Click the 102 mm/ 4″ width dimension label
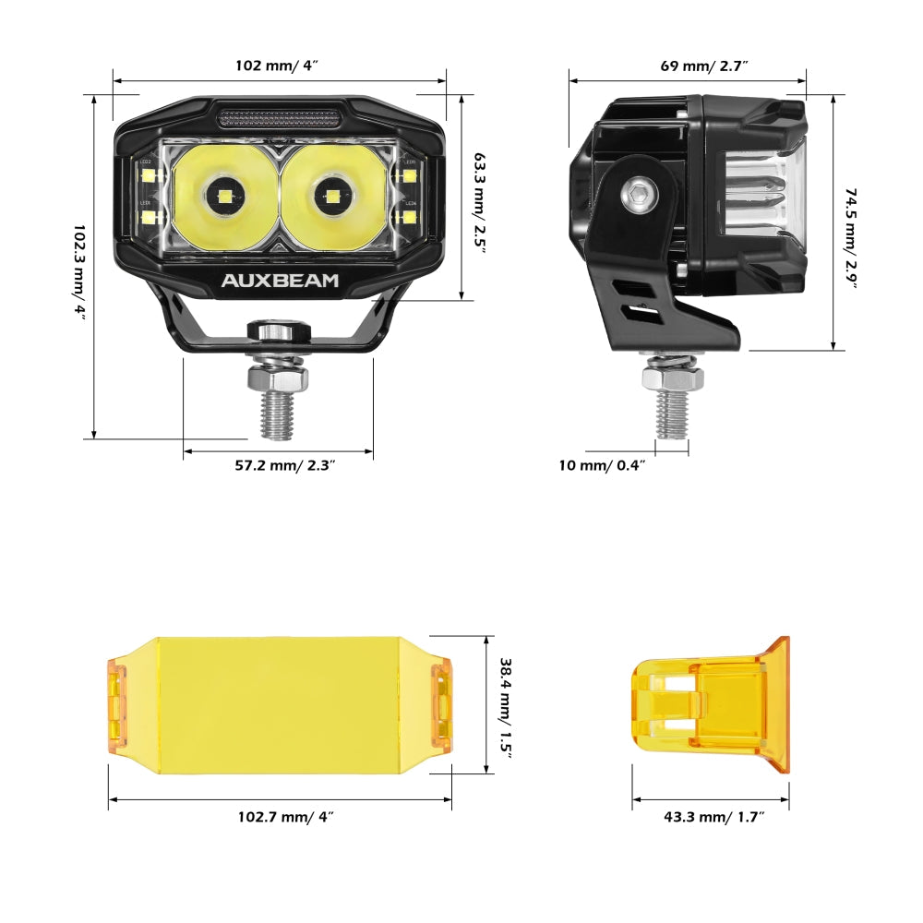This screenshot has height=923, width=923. point(280,66)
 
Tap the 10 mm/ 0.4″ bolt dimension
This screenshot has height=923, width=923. point(602,464)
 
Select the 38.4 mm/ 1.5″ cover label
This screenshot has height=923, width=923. point(505,706)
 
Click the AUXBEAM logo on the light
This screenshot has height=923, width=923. point(280,281)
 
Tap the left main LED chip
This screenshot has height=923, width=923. point(224,196)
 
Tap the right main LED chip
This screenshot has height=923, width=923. point(330,196)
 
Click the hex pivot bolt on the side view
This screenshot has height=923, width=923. point(637,195)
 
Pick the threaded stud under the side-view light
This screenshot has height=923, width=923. point(674,414)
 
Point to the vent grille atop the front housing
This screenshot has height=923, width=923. point(280,117)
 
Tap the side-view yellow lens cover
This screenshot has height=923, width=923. point(711,705)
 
